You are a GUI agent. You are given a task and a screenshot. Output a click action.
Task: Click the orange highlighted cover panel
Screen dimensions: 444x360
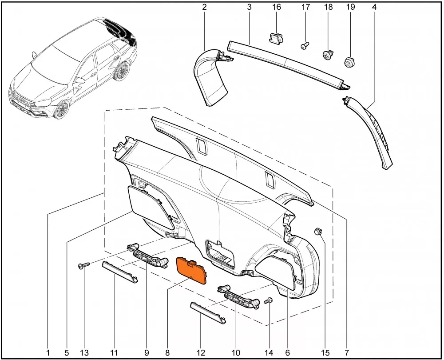(191, 270)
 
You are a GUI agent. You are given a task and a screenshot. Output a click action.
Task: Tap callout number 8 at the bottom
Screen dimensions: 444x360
(167, 352)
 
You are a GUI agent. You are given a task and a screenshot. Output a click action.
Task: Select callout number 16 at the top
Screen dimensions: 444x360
(276, 7)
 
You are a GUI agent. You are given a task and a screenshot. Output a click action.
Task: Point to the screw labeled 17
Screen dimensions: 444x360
(305, 46)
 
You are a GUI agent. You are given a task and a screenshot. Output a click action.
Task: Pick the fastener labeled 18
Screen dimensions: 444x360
(328, 54)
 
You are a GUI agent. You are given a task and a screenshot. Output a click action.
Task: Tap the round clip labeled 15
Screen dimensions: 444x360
(318, 231)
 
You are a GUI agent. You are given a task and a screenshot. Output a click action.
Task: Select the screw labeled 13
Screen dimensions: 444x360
(84, 265)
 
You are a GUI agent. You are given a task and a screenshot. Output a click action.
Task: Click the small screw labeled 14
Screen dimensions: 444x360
(268, 301)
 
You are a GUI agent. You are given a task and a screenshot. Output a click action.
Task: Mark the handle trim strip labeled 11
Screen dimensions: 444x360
(120, 272)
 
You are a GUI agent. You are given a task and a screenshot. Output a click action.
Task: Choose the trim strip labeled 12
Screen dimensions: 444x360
(208, 313)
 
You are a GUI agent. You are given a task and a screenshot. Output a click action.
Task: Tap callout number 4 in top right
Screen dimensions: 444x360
(374, 7)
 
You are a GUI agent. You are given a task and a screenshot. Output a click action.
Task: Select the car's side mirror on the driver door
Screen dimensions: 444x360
(80, 80)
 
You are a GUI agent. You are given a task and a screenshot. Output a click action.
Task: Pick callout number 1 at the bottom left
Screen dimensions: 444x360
(48, 352)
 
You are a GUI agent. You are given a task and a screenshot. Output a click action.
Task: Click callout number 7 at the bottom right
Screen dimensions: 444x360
(347, 352)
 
